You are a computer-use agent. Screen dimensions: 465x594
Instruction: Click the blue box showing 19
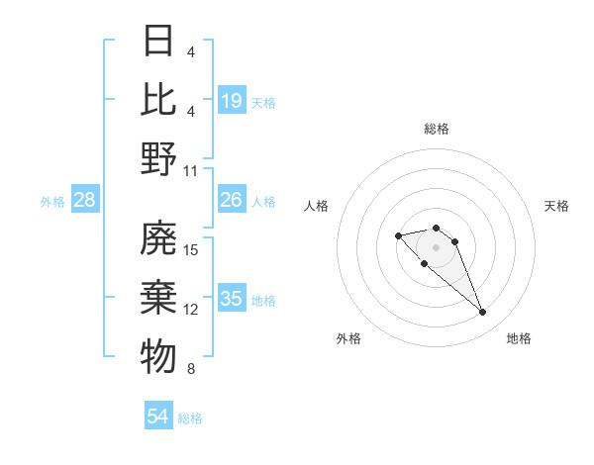pyautogui.click(x=232, y=101)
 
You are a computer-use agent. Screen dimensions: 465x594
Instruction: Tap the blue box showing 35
pyautogui.click(x=232, y=300)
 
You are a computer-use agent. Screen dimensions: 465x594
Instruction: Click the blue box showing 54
pyautogui.click(x=158, y=417)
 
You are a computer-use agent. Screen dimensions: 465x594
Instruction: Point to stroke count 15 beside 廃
pyautogui.click(x=192, y=249)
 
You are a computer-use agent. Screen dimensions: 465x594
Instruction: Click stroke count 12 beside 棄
pyautogui.click(x=192, y=310)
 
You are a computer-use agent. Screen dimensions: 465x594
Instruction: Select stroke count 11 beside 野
pyautogui.click(x=192, y=170)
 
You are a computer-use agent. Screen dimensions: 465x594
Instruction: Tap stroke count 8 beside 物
pyautogui.click(x=190, y=370)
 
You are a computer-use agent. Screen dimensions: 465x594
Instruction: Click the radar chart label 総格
pyautogui.click(x=436, y=129)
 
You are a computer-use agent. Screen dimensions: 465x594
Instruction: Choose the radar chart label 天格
pyautogui.click(x=556, y=206)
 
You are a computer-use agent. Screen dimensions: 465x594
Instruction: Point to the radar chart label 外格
pyautogui.click(x=348, y=338)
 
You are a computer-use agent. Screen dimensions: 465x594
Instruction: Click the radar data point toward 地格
pyautogui.click(x=483, y=313)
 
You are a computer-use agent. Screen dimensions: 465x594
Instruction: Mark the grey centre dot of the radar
pyautogui.click(x=436, y=246)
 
